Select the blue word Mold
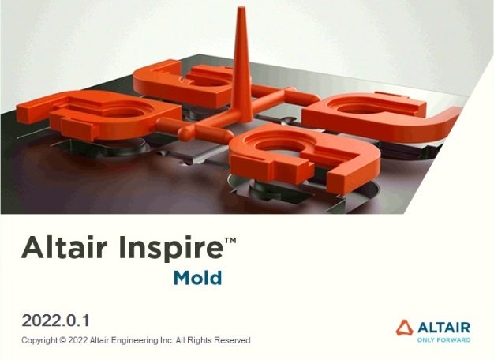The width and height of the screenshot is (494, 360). tap(197, 278)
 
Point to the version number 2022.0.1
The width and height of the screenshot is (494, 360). tap(57, 321)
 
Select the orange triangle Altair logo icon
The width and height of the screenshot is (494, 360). tap(405, 328)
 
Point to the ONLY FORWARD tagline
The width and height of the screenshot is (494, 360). tap(443, 340)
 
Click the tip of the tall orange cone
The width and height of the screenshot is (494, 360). tap(241, 12)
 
